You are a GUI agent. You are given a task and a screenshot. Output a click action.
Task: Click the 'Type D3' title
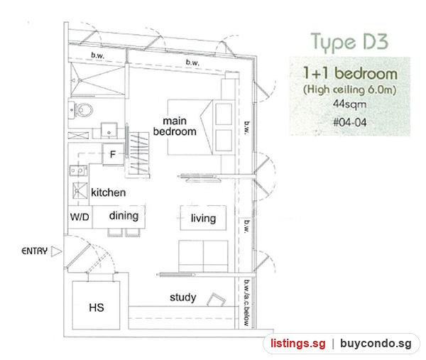coord(349,42)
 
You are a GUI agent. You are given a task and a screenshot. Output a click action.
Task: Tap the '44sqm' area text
coord(349,104)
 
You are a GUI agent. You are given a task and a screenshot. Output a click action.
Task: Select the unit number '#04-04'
coord(350,122)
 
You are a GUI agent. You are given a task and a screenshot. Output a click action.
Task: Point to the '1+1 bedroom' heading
coord(350,73)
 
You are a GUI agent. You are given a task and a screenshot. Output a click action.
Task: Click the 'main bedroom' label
coord(175,126)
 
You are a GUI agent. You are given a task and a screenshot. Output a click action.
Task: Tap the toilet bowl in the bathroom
coord(84,110)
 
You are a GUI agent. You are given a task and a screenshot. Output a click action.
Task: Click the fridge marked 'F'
coord(113,154)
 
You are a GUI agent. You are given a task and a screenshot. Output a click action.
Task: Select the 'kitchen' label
coord(108,192)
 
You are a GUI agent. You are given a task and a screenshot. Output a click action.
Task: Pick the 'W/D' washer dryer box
coord(80,217)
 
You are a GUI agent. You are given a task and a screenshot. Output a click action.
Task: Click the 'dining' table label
coord(124,216)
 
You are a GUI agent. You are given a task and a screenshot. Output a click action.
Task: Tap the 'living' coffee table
coord(203,218)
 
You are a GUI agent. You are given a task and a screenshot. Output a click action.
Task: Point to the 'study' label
coord(183,298)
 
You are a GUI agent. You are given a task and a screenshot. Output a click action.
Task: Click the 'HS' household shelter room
coord(96,305)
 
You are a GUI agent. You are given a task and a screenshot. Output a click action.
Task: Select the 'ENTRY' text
coord(35,251)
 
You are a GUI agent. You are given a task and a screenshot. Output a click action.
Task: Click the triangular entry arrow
coord(56,251)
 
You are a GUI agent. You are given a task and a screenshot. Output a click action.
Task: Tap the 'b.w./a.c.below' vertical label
coord(246,302)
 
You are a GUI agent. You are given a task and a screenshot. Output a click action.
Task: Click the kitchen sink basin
coord(80,190)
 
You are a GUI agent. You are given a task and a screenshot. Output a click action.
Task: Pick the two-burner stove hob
coord(79,170)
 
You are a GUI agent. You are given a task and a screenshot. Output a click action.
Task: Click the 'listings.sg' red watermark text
coord(298,344)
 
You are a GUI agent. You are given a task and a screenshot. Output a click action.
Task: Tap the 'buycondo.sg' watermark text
coord(376,344)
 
